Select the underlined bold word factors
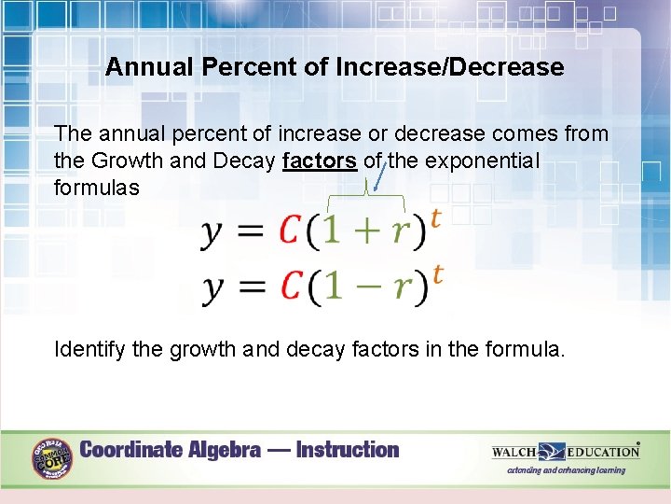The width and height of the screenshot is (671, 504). tap(319, 161)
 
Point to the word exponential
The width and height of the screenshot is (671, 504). tap(482, 161)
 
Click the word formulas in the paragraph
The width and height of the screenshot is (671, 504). tap(97, 188)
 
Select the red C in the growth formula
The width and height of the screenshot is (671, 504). tap(292, 231)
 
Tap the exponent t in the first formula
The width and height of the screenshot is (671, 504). tap(435, 217)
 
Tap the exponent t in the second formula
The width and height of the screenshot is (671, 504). tap(437, 274)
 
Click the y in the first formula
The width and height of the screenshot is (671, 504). tap(212, 233)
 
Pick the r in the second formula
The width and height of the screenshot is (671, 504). tap(401, 288)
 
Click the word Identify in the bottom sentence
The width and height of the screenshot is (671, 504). tap(87, 350)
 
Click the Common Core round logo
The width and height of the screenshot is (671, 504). tap(52, 458)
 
